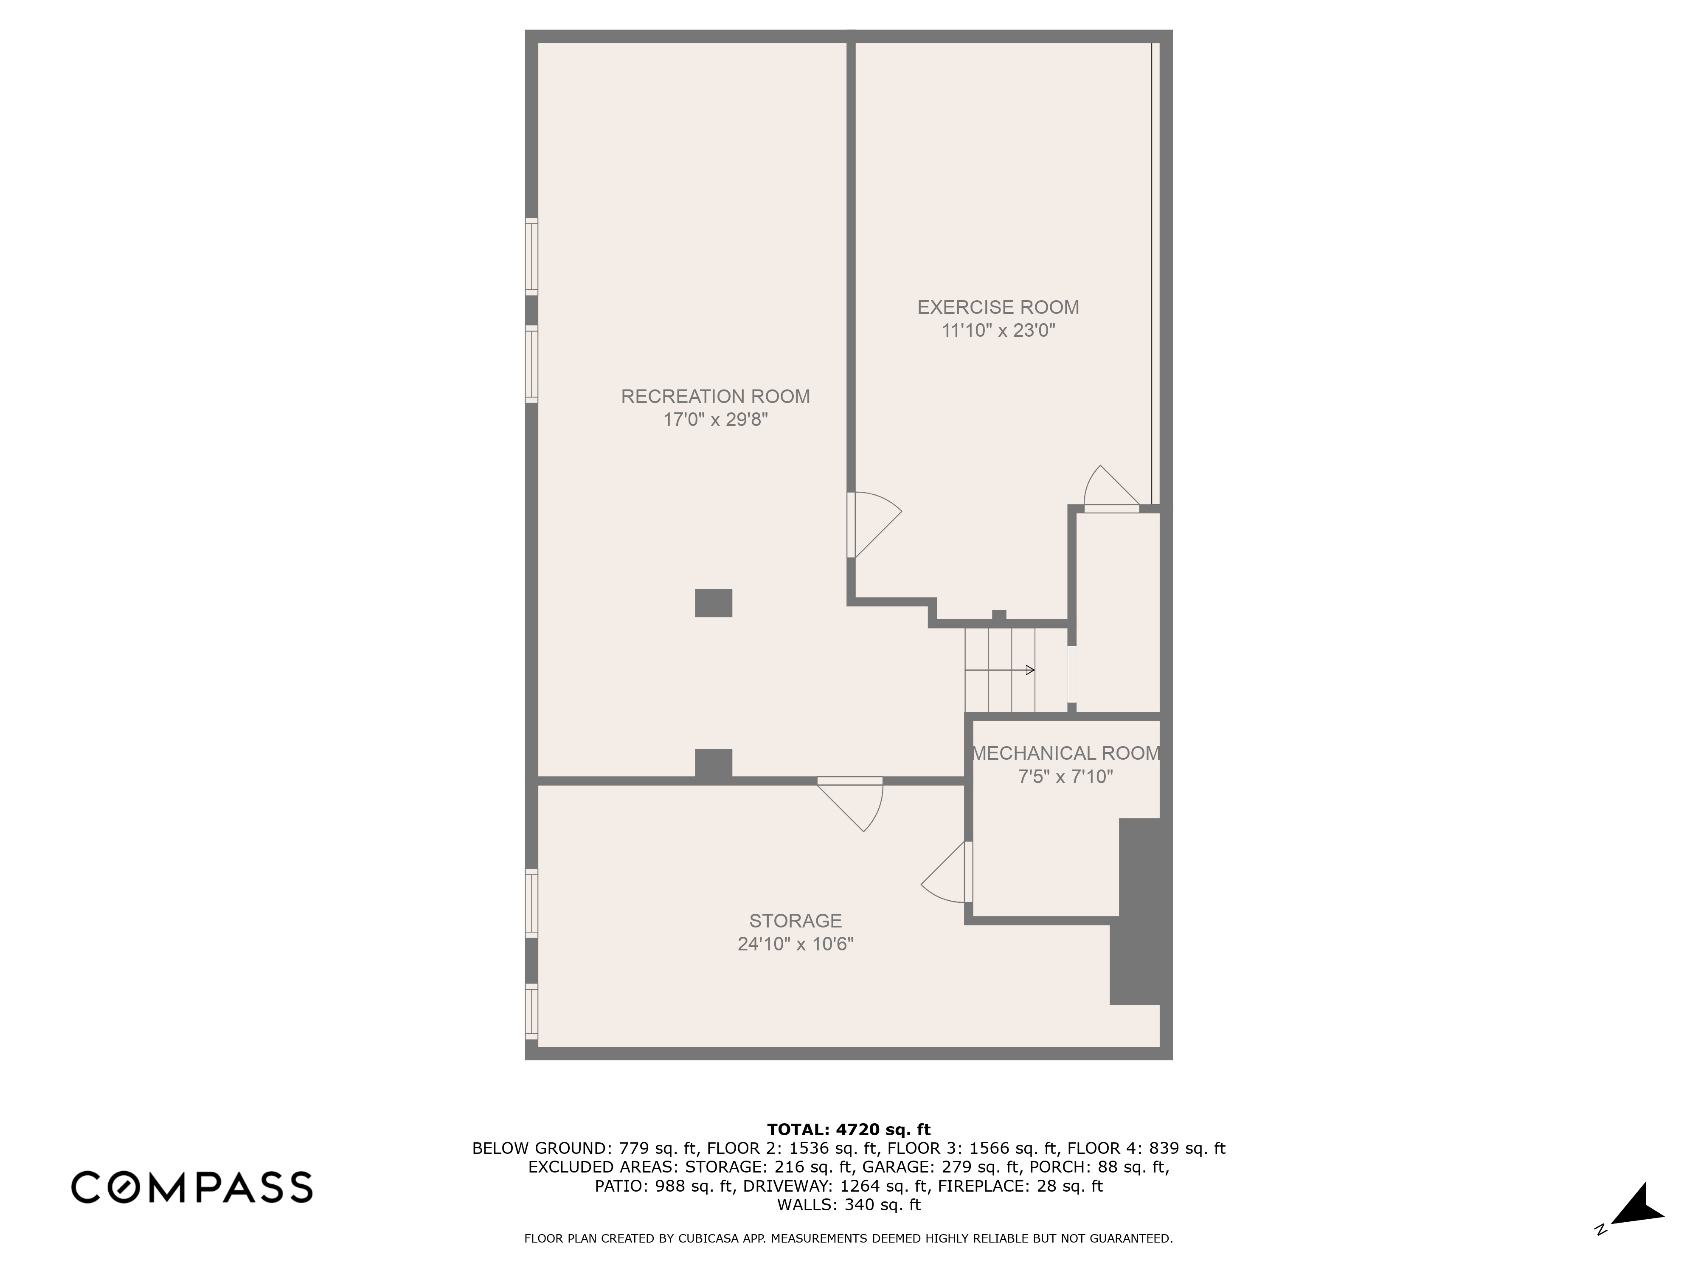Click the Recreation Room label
(715, 396)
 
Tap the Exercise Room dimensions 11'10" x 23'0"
(998, 331)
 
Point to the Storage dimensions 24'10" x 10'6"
(795, 944)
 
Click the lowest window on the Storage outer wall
(531, 1012)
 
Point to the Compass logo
(192, 1187)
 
